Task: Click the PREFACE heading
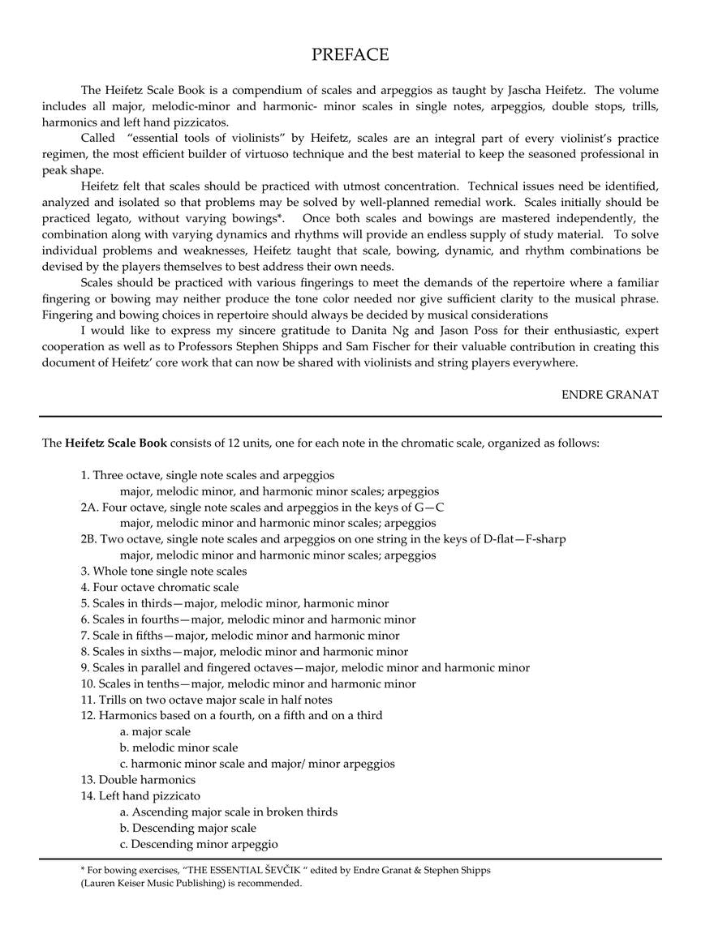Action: pos(350,55)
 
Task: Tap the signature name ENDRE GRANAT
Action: pos(609,395)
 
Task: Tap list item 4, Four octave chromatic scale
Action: pos(159,587)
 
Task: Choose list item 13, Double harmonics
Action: pos(137,780)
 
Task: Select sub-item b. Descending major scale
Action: pos(187,828)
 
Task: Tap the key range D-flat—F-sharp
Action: pos(521,539)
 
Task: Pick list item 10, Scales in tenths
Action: pos(248,683)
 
